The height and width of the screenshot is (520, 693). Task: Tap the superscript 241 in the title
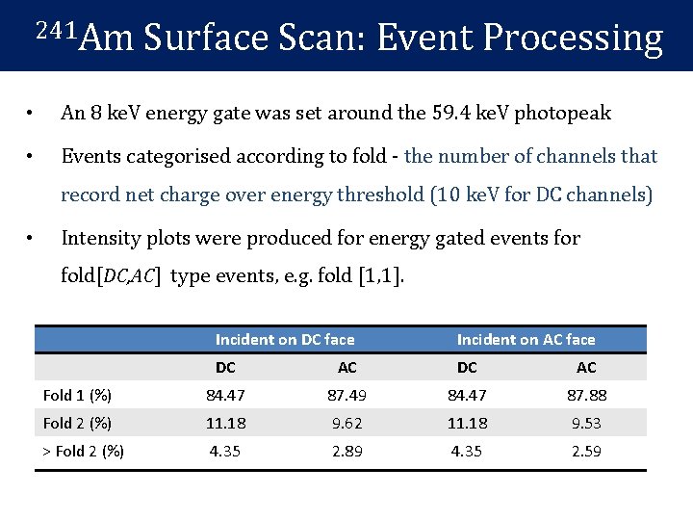click(54, 28)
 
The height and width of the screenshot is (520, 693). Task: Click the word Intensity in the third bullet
click(100, 237)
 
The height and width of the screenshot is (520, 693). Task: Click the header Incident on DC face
click(285, 339)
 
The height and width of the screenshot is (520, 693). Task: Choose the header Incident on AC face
click(526, 339)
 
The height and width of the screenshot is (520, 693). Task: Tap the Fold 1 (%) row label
click(77, 395)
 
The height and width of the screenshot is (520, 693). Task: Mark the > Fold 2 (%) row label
click(84, 451)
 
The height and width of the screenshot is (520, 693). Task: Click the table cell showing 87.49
click(346, 395)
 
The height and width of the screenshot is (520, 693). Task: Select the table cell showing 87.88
click(586, 395)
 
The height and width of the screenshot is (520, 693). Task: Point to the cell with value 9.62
click(346, 423)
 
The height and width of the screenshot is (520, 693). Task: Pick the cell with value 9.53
click(586, 423)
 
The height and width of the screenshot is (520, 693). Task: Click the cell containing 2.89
click(346, 451)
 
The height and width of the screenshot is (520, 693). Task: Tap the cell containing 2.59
click(586, 451)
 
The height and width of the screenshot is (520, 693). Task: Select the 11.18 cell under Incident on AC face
click(467, 423)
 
